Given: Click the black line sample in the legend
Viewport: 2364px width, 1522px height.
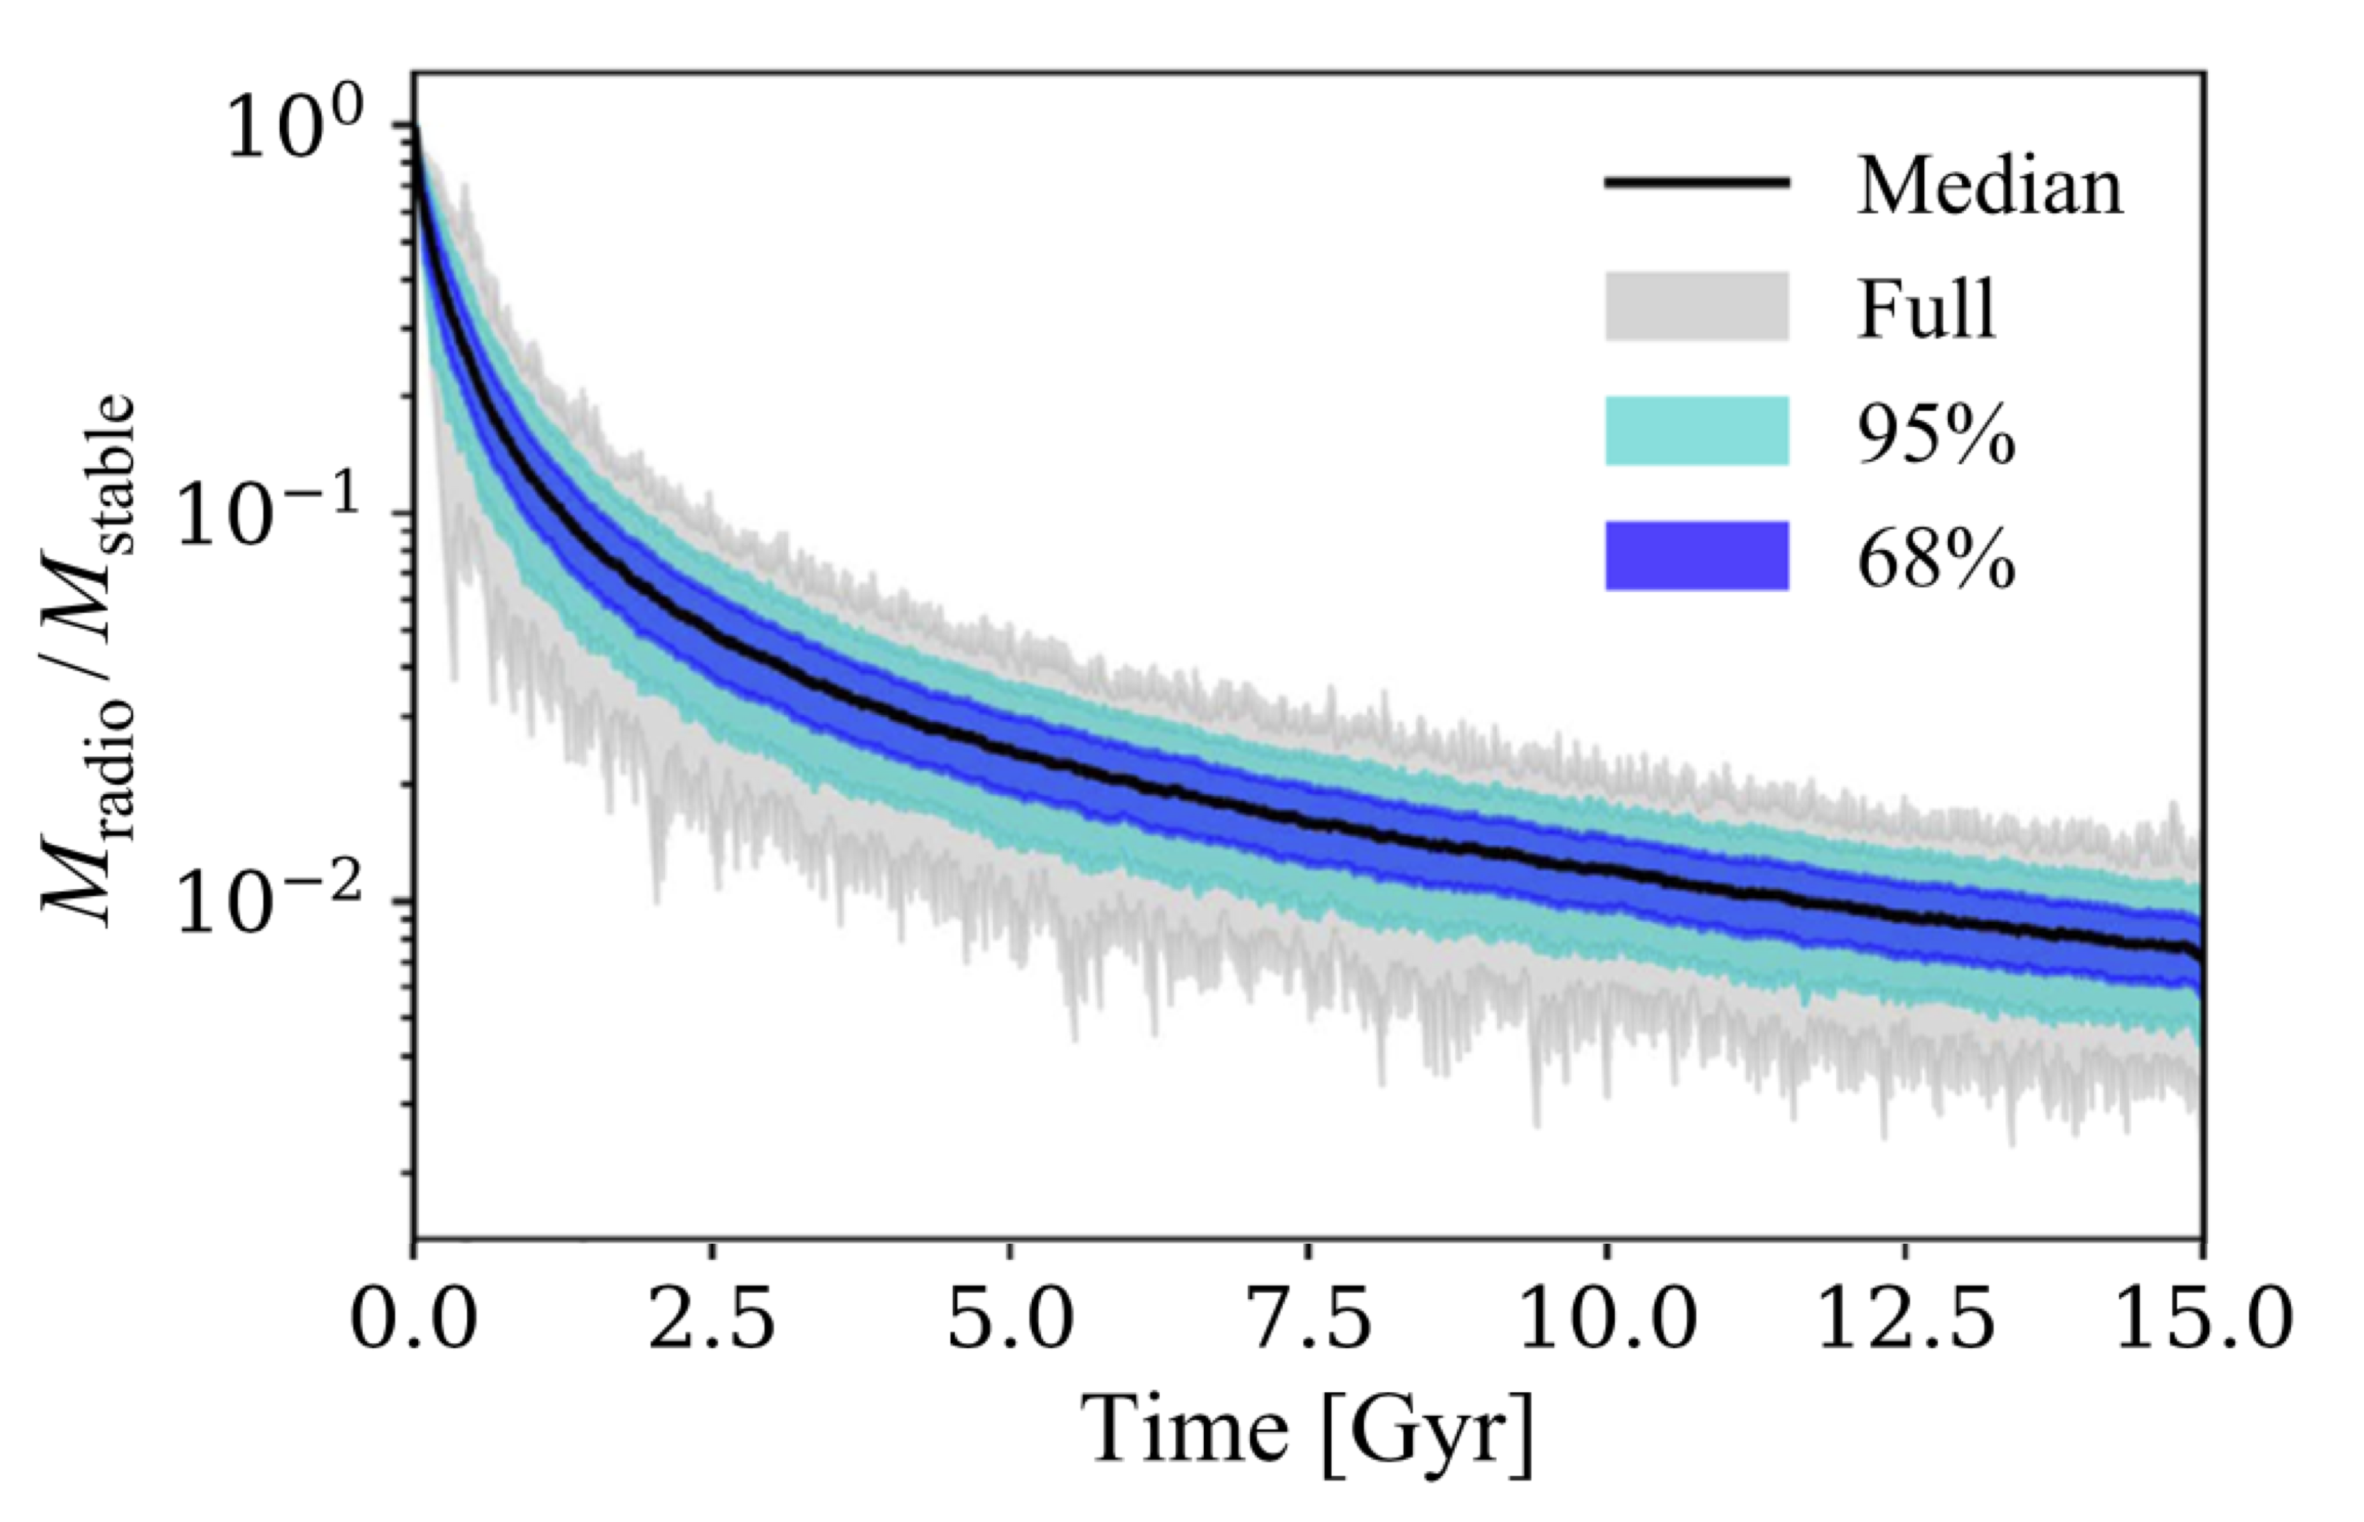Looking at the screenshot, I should click(x=1696, y=183).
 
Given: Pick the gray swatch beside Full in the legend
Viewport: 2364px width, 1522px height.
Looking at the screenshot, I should click(x=1696, y=306).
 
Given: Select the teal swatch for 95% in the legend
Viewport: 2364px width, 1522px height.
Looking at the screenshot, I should click(x=1696, y=431).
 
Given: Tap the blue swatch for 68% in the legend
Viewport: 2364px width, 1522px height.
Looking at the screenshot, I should click(x=1696, y=555).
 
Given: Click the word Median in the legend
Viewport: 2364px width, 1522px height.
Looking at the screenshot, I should click(x=1989, y=186).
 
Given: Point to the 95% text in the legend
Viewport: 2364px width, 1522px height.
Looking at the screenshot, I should click(x=1936, y=434).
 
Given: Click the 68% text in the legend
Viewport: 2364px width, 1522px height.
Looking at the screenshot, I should click(x=1936, y=559).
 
